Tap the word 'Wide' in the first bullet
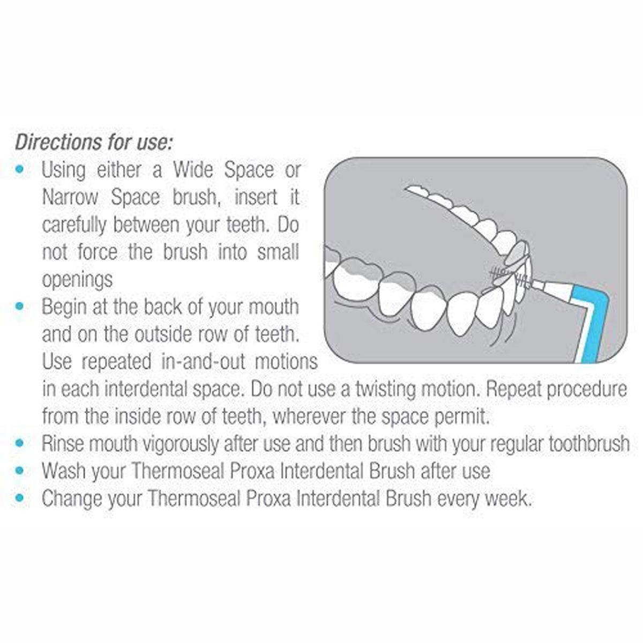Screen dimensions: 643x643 [x=193, y=170]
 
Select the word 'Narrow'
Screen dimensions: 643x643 [x=70, y=198]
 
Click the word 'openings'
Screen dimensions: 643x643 [x=77, y=280]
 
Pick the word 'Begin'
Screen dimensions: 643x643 [x=63, y=307]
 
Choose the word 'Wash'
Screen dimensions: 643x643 [x=63, y=471]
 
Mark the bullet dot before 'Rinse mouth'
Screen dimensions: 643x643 [x=20, y=444]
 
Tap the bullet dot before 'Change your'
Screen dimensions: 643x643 [x=20, y=498]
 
